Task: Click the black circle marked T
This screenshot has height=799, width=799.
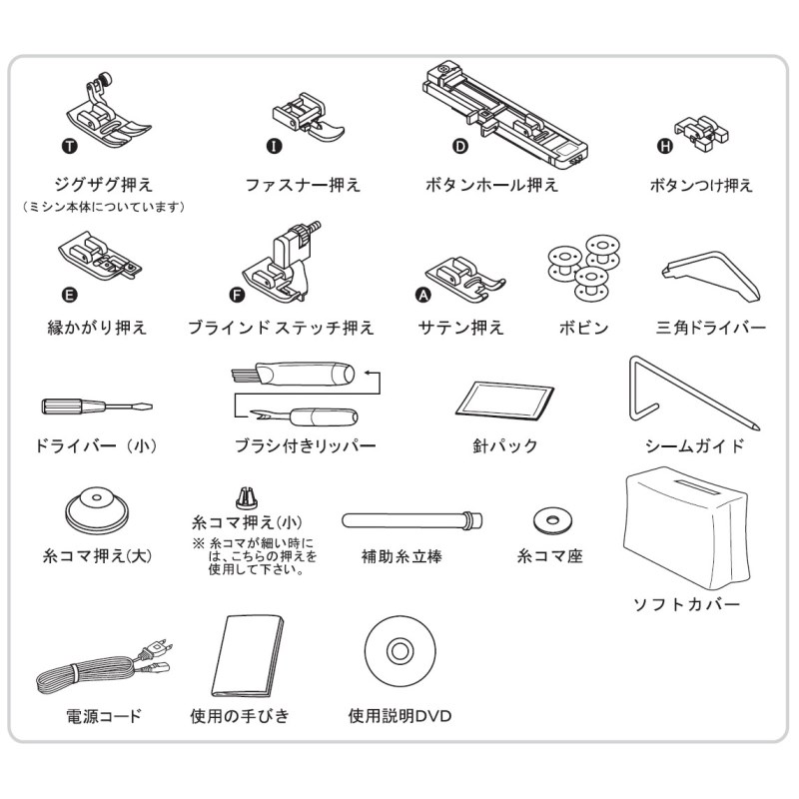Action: pos(70,147)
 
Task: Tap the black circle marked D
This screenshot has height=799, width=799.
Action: pos(460,147)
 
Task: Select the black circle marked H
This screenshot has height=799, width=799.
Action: pos(665,147)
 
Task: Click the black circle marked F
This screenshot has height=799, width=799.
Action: pos(237,295)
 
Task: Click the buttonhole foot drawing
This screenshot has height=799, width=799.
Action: pos(504,115)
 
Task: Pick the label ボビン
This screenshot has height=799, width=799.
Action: pos(584,328)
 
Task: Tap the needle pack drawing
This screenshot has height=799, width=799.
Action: pos(504,400)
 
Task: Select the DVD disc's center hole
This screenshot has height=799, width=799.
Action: pos(400,651)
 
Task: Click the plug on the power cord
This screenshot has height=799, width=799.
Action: pos(155,650)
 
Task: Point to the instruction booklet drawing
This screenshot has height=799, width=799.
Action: pos(248,656)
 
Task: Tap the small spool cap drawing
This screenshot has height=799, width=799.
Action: pos(247,497)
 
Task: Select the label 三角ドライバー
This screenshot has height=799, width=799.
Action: pos(711,328)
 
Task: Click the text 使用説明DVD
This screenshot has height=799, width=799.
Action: pos(400,716)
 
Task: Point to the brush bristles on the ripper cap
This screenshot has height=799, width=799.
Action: pos(243,377)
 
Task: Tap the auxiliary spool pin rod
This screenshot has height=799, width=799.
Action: pos(411,520)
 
